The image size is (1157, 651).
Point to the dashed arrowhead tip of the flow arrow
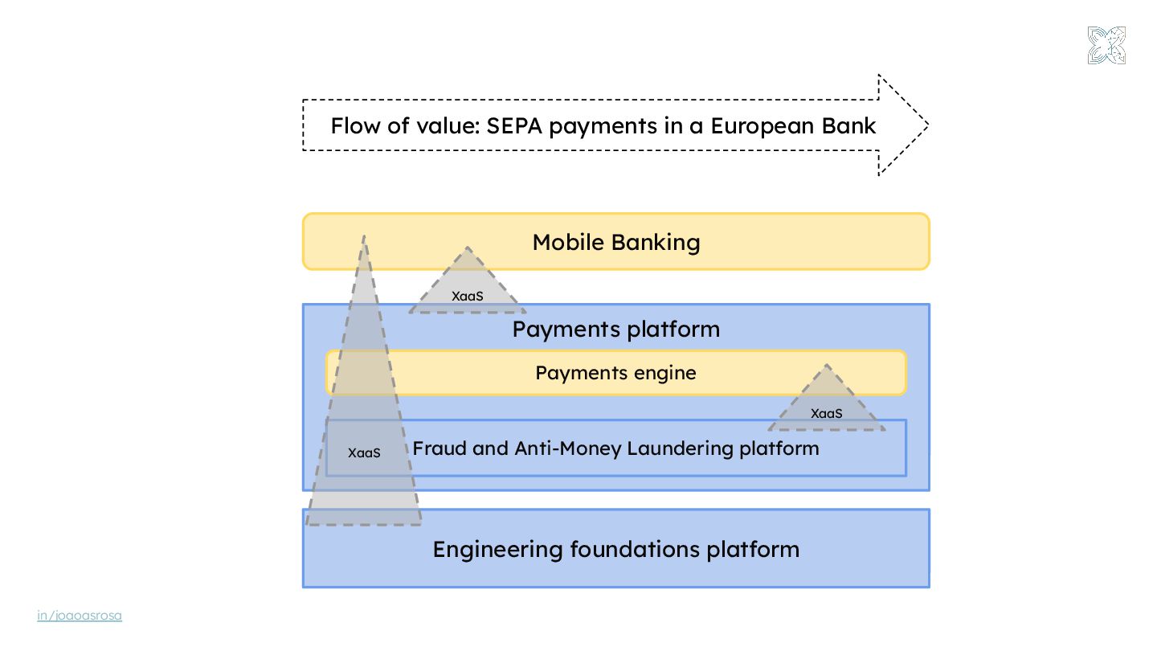click(926, 125)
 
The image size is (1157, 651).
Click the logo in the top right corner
click(1106, 45)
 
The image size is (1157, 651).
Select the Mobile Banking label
click(616, 242)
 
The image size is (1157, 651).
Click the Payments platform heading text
click(616, 330)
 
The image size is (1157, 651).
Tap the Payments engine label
click(615, 373)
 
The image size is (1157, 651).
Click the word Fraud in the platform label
click(439, 448)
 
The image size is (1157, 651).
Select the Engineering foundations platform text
click(616, 549)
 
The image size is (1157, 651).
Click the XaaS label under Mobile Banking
click(468, 297)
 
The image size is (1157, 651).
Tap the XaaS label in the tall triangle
click(364, 452)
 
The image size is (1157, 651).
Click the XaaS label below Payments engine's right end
click(826, 414)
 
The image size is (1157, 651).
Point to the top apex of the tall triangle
click(364, 237)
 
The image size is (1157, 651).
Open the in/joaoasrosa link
click(80, 616)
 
